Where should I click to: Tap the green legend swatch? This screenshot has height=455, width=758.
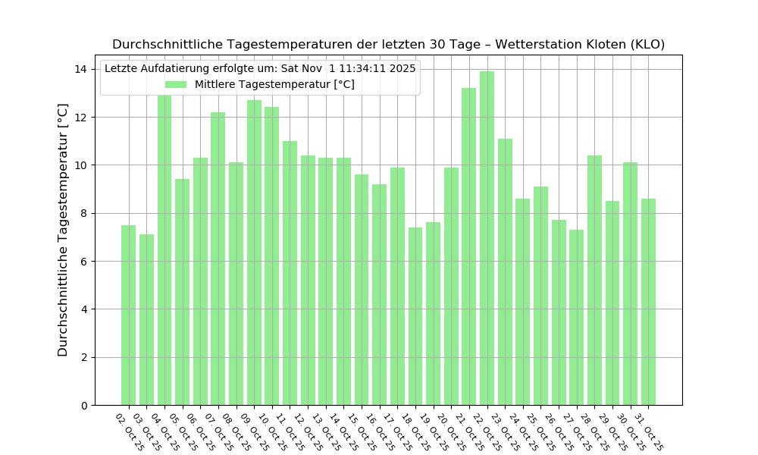click(x=176, y=85)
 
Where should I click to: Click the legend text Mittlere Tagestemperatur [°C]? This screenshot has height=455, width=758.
click(x=274, y=85)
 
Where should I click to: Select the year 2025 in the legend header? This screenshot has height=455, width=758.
click(x=402, y=68)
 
